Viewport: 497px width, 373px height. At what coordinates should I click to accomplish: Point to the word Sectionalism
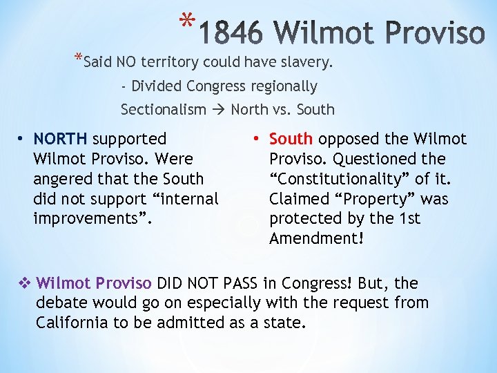point(164,109)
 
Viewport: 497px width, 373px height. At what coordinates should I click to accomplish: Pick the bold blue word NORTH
point(61,140)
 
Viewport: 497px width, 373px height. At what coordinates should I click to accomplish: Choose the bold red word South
point(291,140)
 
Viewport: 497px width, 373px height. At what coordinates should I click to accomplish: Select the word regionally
point(284,86)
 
